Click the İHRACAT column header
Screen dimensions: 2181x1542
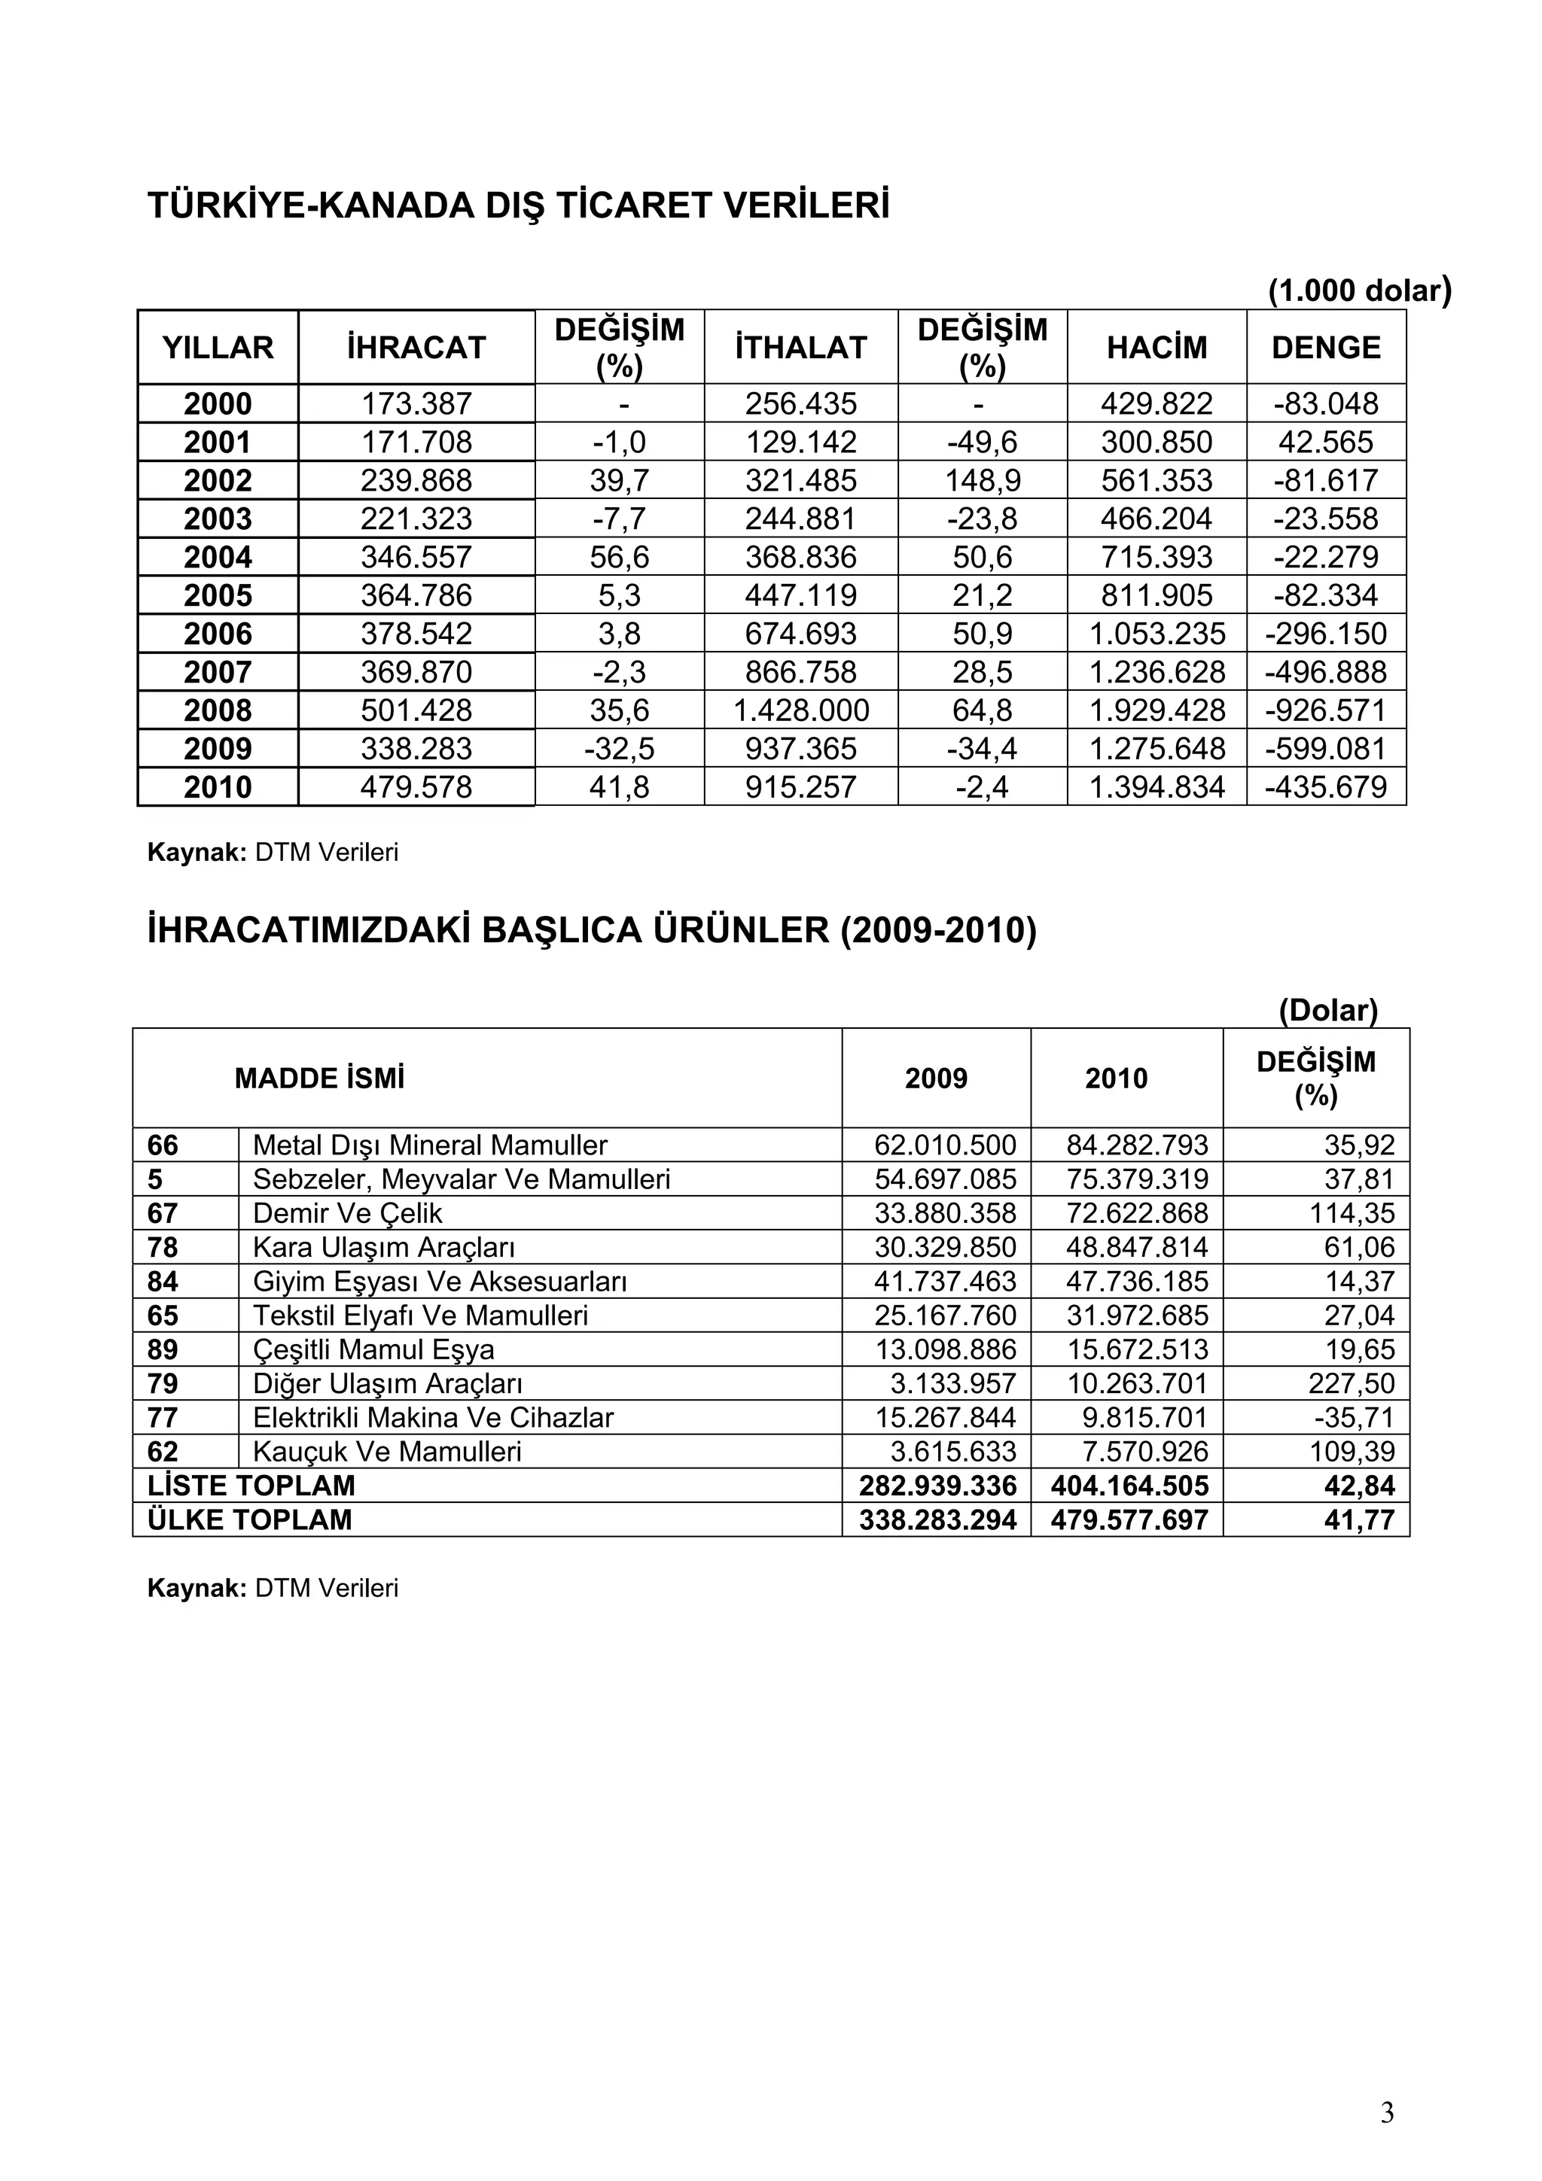[416, 348]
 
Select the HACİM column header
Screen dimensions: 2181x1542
[1156, 348]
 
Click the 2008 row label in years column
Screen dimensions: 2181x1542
[218, 710]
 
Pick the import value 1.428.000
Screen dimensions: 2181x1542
[801, 710]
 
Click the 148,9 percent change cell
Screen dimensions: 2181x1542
[983, 481]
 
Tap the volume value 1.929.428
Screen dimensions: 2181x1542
[1156, 710]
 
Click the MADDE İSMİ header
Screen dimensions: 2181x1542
[319, 1079]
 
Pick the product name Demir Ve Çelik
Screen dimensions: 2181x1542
[348, 1214]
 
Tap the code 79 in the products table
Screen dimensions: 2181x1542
[163, 1384]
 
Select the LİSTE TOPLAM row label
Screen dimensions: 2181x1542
[251, 1486]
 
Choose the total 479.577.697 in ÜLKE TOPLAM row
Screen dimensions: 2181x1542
[1129, 1520]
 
